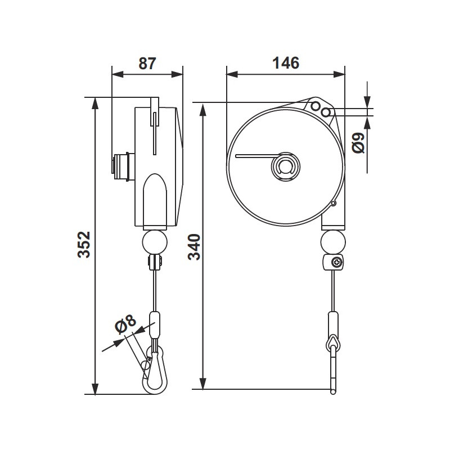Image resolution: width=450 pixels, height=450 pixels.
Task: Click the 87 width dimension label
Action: click(x=147, y=63)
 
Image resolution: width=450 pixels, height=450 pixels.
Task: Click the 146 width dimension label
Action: click(x=285, y=63)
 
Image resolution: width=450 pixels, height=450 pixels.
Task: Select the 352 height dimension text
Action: click(x=84, y=245)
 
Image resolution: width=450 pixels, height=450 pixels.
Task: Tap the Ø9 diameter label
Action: click(x=359, y=142)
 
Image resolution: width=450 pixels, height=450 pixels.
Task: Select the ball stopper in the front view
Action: click(x=332, y=242)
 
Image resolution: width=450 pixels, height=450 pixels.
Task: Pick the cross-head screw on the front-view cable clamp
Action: click(x=337, y=262)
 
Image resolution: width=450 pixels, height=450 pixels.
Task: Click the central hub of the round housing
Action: click(x=285, y=167)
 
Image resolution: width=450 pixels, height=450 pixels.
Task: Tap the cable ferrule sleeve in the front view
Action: click(x=334, y=323)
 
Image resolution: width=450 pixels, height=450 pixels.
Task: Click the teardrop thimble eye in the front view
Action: click(x=334, y=341)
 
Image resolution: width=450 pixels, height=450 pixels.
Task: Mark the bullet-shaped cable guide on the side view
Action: click(x=154, y=200)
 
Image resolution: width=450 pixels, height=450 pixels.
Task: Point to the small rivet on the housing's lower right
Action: click(x=334, y=203)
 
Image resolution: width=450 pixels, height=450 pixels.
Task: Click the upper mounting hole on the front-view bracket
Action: click(x=316, y=106)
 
